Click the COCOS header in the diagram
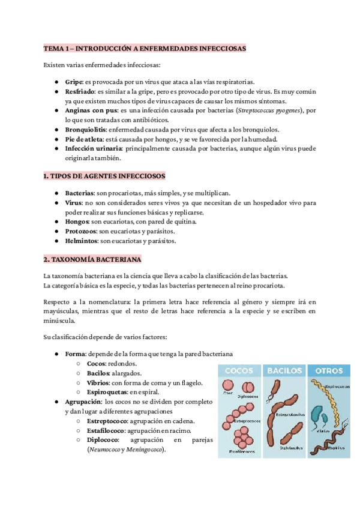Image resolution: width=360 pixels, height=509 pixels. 238,370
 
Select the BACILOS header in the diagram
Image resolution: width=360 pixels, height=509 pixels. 285,370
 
